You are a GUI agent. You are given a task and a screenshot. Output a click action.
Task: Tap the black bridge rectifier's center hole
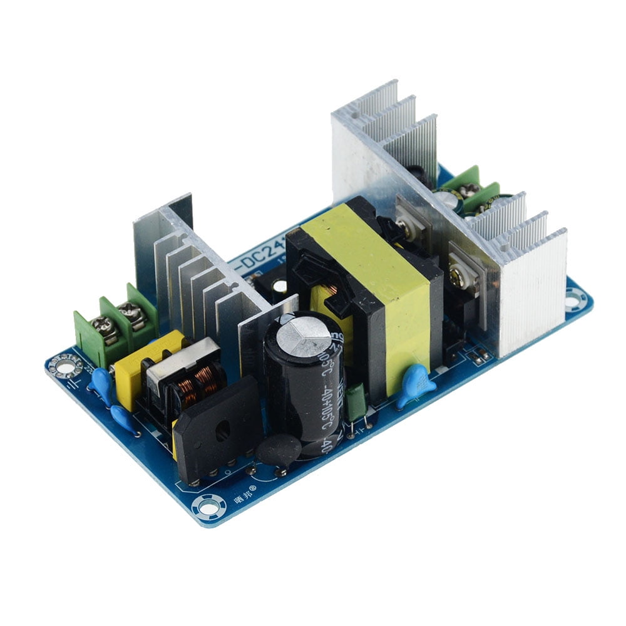point(220,431)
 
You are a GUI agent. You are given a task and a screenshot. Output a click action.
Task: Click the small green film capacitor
point(356,403)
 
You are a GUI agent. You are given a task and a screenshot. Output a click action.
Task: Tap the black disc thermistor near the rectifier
point(279,449)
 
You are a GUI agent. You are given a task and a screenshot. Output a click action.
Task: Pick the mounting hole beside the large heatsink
point(574,299)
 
